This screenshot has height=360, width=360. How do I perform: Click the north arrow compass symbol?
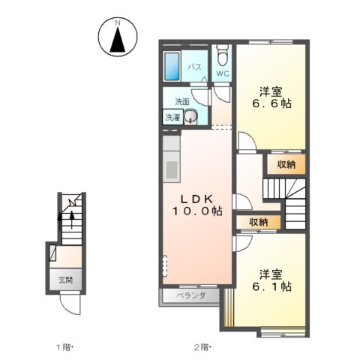tap(118, 36)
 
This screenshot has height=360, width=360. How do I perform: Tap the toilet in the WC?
tap(222, 55)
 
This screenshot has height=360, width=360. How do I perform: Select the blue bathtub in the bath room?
tap(172, 66)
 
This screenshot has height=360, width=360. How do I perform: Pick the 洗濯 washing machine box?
tap(173, 117)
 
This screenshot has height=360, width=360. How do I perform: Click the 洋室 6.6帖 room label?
tap(271, 97)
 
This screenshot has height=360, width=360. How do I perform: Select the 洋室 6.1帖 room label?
tap(271, 280)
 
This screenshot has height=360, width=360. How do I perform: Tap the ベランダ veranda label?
tap(191, 295)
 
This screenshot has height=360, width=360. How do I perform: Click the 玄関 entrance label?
tap(65, 280)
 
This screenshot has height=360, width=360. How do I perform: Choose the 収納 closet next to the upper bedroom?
tap(286, 164)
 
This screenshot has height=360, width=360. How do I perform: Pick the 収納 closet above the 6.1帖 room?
tap(259, 222)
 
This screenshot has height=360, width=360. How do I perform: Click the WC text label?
tap(222, 73)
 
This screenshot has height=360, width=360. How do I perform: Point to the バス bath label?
tap(195, 67)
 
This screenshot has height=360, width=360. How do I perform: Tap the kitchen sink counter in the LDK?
tap(172, 159)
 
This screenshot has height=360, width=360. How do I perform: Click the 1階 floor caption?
tap(64, 347)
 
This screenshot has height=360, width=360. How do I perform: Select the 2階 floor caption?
tap(202, 347)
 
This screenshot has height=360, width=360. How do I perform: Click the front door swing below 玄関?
tap(70, 304)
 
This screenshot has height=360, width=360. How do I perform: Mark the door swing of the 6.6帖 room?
tap(247, 142)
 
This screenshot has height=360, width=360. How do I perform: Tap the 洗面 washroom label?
tap(182, 102)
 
